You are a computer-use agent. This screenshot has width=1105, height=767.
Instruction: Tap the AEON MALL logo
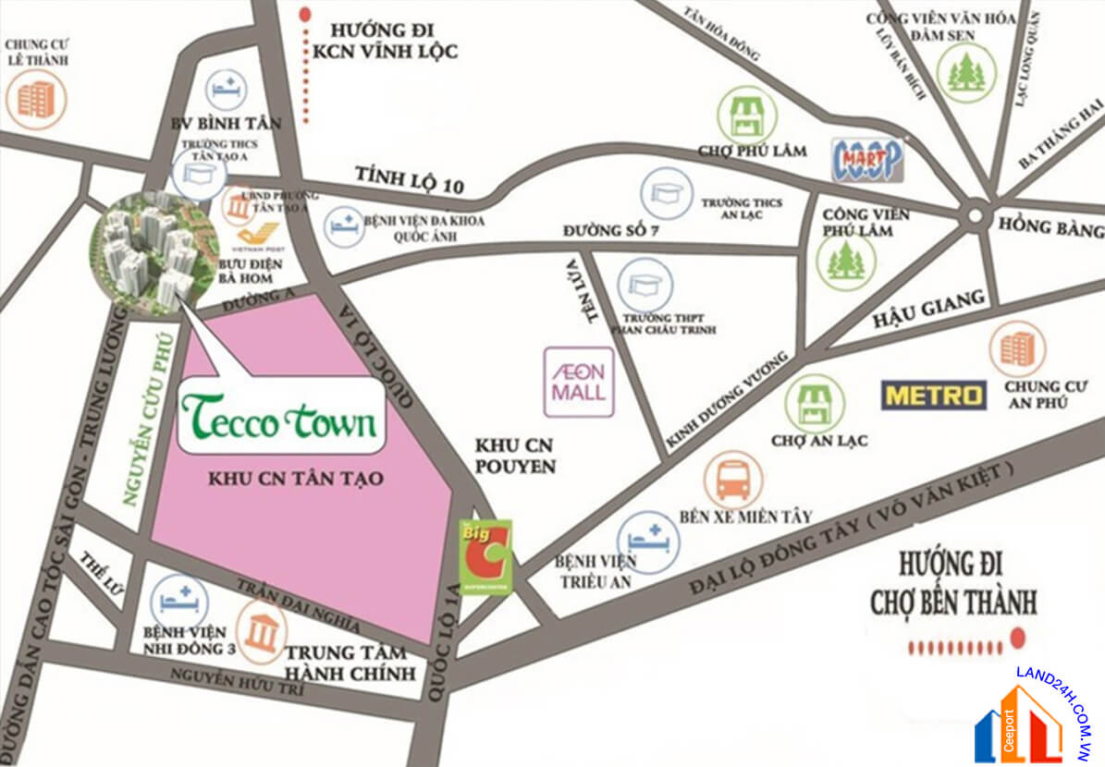(579, 381)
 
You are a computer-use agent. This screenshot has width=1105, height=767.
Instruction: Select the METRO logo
(933, 396)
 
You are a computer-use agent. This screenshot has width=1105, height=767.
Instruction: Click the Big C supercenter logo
(485, 555)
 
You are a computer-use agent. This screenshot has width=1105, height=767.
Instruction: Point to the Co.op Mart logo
(866, 160)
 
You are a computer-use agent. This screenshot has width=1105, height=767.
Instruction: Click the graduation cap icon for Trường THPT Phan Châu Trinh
(645, 286)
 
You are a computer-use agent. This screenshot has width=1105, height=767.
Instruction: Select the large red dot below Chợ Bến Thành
(1018, 637)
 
